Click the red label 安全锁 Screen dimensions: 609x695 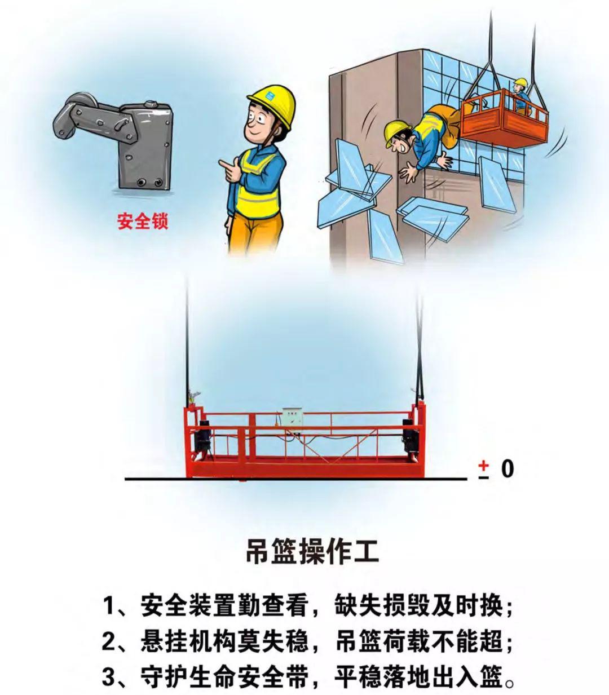(143, 222)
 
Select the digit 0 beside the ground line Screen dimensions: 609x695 (507, 469)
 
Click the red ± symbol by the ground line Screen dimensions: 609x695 (484, 470)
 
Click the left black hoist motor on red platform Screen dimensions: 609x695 (205, 438)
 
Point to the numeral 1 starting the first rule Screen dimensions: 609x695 (108, 606)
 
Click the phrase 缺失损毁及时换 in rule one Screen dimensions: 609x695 (418, 606)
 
